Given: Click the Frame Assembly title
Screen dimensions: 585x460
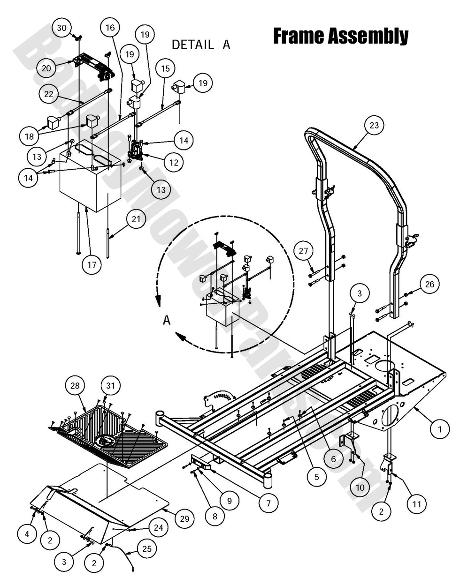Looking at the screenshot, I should [340, 36].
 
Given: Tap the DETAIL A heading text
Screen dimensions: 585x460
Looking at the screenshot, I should [201, 45].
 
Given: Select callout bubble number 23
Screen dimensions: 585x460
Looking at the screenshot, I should [374, 125].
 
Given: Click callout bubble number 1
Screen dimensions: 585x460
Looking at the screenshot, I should [439, 428].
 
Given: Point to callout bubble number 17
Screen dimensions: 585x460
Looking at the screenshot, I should [92, 265].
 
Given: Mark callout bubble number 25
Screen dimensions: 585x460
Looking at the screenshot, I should [147, 548].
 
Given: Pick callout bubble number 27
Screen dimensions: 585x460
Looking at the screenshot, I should [304, 251].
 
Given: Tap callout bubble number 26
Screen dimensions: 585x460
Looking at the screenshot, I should [430, 284].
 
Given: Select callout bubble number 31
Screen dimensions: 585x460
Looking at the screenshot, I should [110, 386].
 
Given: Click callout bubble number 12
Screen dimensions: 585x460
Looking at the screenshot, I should [174, 163].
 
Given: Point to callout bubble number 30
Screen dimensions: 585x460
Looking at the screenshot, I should [61, 28].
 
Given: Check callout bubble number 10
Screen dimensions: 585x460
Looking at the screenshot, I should [360, 487].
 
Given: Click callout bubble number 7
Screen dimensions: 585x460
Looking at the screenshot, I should [268, 503].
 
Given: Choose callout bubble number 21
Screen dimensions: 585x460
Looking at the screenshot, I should [137, 219].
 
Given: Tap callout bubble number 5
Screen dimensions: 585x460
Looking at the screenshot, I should [317, 477].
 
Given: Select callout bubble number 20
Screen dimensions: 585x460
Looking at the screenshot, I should [46, 68].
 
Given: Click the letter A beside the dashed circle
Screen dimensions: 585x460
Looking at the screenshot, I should [166, 320].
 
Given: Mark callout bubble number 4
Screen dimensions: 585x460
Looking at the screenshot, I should [27, 533].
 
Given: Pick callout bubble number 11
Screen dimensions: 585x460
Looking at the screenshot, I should [416, 504].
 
